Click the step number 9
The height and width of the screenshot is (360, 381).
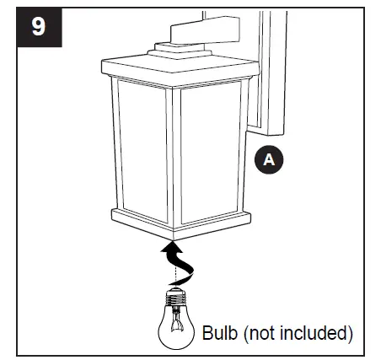[38, 26]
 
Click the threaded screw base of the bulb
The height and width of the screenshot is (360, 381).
[178, 296]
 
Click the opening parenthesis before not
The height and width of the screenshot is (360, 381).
[244, 332]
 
